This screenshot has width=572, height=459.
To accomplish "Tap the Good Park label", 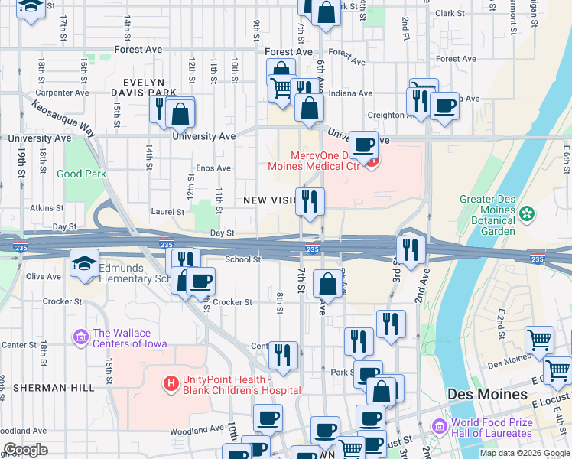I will pyautogui.click(x=81, y=174).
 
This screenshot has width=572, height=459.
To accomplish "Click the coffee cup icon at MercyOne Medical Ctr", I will pyautogui.click(x=363, y=145).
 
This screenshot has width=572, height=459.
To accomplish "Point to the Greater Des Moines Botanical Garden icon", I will pyautogui.click(x=526, y=212).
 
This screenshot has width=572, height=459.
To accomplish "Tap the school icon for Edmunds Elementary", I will pyautogui.click(x=84, y=264).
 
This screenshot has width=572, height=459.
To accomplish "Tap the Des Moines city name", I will pyautogui.click(x=487, y=394).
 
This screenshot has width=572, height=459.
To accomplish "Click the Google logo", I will pyautogui.click(x=25, y=450).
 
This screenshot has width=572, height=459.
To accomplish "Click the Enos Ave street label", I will pyautogui.click(x=213, y=168).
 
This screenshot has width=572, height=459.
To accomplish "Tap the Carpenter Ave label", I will pyautogui.click(x=61, y=93).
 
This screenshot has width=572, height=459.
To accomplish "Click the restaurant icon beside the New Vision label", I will pyautogui.click(x=310, y=202).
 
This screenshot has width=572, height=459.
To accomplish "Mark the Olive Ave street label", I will pyautogui.click(x=44, y=276).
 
